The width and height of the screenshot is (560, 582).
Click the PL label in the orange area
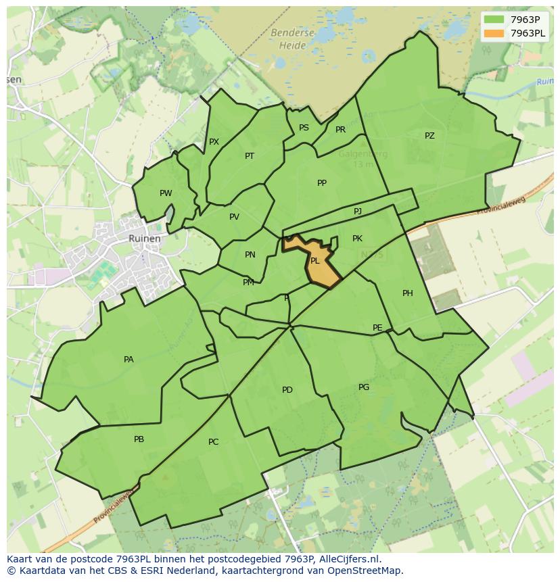click(x=314, y=261)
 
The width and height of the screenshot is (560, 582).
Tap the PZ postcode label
click(x=429, y=136)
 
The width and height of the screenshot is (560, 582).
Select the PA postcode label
click(x=129, y=360)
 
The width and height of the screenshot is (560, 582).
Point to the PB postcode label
click(x=139, y=439)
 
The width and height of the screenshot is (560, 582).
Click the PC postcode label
click(x=213, y=442)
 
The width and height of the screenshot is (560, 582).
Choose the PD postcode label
click(x=287, y=390)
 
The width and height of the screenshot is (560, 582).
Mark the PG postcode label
click(x=364, y=387)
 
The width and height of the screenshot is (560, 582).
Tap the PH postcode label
click(x=407, y=293)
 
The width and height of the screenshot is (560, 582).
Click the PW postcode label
click(x=166, y=193)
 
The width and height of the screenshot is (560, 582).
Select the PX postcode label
click(x=214, y=142)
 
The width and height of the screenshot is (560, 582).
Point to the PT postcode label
click(x=250, y=156)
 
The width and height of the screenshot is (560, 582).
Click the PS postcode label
click(x=304, y=128)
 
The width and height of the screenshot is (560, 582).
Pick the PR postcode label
click(x=340, y=130)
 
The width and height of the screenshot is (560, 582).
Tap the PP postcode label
click(x=322, y=183)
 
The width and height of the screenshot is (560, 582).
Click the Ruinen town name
click(x=145, y=239)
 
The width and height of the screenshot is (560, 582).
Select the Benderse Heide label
click(x=291, y=39)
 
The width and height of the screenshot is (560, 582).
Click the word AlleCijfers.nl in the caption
click(x=348, y=559)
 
